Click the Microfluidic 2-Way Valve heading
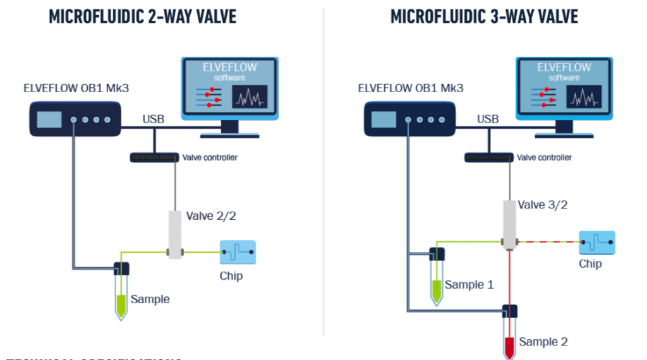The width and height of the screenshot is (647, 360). tap(143, 16)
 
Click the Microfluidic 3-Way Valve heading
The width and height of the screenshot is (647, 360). tap(484, 16)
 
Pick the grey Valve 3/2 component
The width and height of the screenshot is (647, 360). tap(509, 224)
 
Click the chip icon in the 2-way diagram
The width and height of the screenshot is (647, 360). tap(238, 252)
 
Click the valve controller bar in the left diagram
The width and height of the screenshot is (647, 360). tap(154, 157)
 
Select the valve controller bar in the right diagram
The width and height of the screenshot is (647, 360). tap(488, 157)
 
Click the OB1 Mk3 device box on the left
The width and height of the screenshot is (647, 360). tap(75, 119)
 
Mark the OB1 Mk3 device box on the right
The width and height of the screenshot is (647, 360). tap(409, 119)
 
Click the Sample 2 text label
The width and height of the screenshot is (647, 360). tap(543, 342)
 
